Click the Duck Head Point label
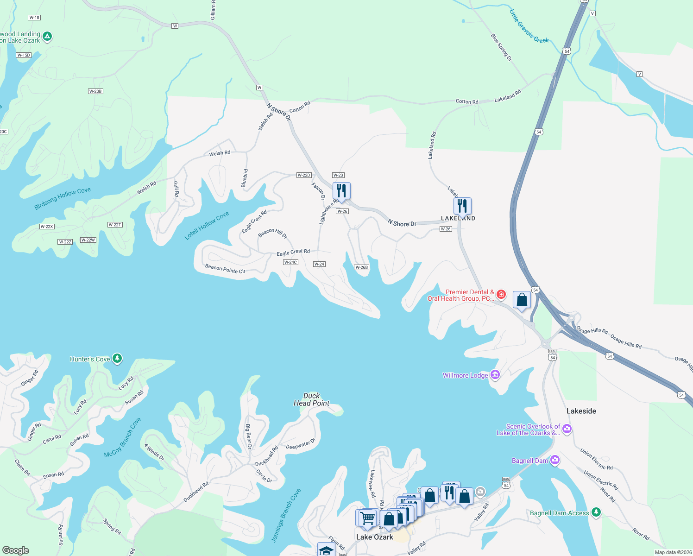tap(311, 399)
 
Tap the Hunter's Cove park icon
tap(117, 359)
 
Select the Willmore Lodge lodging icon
tap(495, 375)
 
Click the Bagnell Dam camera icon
tap(554, 460)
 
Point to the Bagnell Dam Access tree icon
tap(596, 512)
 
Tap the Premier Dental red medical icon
tap(501, 294)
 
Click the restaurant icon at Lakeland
tap(462, 206)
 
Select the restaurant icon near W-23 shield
tap(341, 190)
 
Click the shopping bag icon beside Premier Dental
tap(522, 300)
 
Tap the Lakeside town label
tap(581, 411)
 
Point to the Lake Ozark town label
tap(374, 537)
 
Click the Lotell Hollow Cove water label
tap(207, 226)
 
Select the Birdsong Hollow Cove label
tap(63, 198)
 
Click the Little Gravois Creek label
tap(529, 26)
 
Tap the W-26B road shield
tap(361, 267)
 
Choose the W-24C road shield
tap(290, 262)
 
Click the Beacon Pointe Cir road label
tap(225, 269)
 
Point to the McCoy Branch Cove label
tap(122, 437)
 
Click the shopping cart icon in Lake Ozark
tap(367, 517)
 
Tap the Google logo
tap(16, 550)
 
